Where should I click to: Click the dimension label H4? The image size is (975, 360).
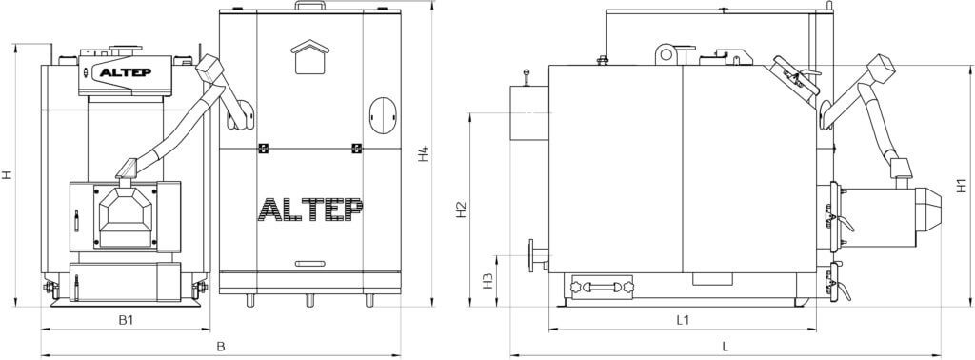[423, 153]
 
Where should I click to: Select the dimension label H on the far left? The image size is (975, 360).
[7, 175]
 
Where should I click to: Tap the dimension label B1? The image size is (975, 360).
[127, 320]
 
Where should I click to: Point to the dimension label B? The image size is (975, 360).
[220, 347]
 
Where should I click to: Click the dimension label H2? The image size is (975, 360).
[461, 210]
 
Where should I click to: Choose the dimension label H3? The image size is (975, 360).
[488, 280]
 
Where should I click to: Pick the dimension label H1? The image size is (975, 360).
[962, 185]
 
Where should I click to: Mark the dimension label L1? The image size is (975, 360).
[683, 320]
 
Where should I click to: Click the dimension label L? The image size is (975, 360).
[725, 347]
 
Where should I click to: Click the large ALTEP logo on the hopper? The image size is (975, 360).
[310, 210]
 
